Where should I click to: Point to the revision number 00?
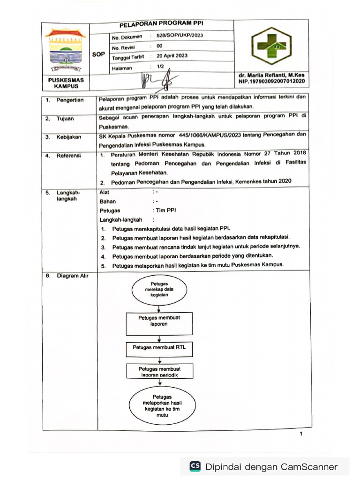(159, 46)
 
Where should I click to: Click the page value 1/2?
(160, 67)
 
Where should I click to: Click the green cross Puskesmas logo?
(271, 46)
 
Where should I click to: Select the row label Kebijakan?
(69, 137)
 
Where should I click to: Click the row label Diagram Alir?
(72, 276)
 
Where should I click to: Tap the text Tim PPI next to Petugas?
(165, 210)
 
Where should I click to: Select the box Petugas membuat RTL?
(159, 348)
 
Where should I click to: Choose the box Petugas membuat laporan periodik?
(159, 372)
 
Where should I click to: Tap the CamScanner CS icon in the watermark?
(195, 466)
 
